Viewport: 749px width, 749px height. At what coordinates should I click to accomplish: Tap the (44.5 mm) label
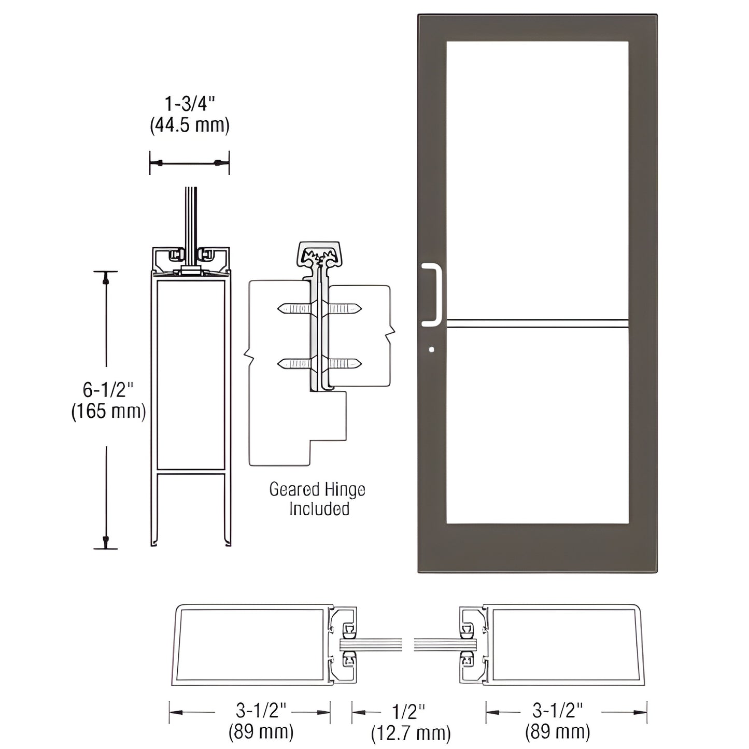coord(189,125)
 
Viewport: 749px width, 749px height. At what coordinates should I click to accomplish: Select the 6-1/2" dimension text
coord(108,388)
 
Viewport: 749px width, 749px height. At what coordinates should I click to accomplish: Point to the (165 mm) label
coord(108,411)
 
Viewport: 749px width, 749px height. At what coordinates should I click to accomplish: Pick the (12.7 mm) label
coord(411,733)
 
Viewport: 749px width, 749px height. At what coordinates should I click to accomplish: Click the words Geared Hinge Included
coord(317,499)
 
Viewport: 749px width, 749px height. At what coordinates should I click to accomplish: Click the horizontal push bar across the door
coord(537,323)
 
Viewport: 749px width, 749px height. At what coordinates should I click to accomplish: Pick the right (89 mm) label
coord(557,732)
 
